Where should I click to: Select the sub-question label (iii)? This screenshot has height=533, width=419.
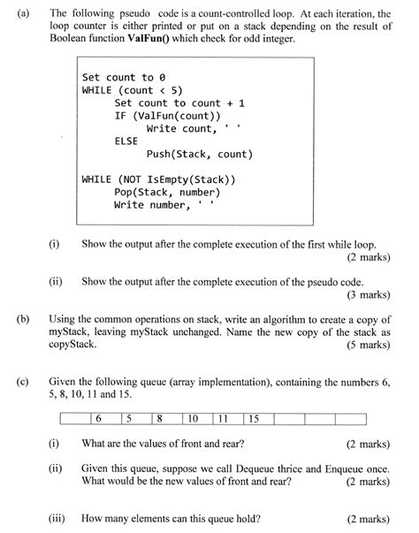click(x=60, y=520)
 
